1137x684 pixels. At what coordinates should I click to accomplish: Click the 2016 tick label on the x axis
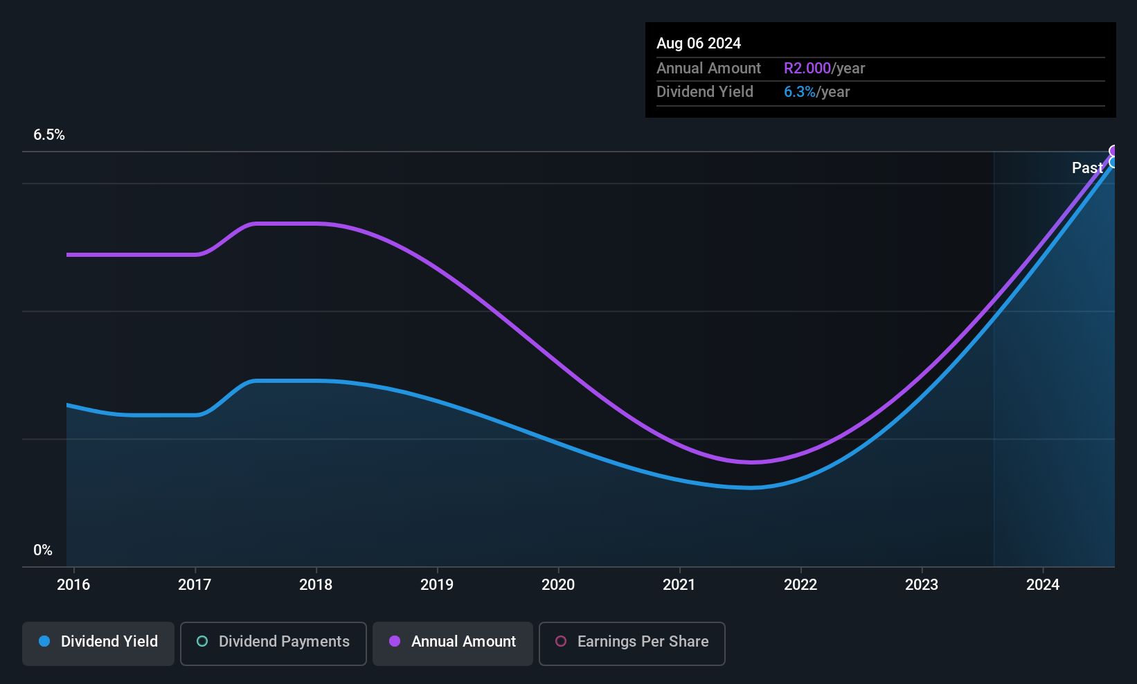point(73,584)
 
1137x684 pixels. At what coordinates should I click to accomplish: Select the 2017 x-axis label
point(195,584)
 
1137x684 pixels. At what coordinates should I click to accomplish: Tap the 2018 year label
point(316,584)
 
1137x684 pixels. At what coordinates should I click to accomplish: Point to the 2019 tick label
point(437,584)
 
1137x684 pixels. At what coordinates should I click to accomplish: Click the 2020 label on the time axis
point(558,584)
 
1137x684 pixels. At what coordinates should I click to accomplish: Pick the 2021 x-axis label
point(679,584)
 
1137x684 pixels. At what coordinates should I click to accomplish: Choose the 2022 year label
point(800,584)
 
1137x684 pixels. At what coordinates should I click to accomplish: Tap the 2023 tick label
point(922,584)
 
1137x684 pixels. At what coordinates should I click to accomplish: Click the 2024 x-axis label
point(1043,584)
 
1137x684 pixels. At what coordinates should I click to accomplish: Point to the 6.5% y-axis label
point(49,135)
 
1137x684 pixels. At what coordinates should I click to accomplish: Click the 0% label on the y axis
point(43,550)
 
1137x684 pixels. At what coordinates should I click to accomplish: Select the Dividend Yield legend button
point(98,643)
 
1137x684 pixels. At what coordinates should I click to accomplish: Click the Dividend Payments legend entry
point(273,643)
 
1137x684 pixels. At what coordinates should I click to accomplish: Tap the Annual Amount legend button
point(453,643)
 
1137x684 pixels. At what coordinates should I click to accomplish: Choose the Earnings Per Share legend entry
point(632,643)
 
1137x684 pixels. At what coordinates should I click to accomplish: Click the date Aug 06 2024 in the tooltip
point(699,44)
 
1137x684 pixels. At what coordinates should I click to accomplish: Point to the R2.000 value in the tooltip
point(807,68)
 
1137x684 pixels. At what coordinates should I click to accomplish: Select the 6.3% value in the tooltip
point(800,92)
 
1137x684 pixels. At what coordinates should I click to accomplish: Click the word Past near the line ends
point(1087,168)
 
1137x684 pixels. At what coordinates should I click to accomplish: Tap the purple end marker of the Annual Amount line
point(1113,151)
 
